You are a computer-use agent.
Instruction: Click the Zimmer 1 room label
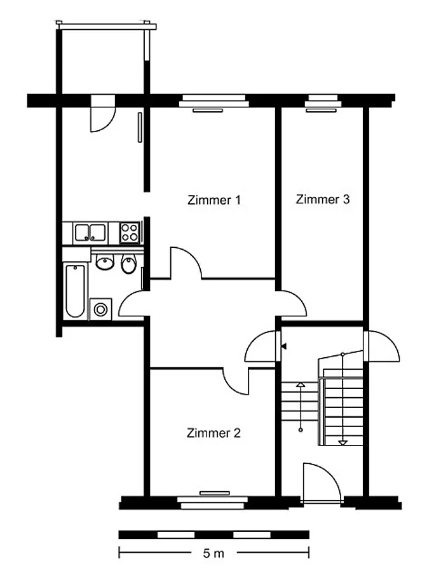214,200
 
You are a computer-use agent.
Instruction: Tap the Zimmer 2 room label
213,433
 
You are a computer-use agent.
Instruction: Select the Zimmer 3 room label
322,200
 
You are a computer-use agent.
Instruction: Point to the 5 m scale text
213,553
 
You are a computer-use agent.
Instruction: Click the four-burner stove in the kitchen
130,233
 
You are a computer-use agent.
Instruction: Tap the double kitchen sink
90,233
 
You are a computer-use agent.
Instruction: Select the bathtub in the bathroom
75,290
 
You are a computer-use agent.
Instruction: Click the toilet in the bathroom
128,263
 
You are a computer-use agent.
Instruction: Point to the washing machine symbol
100,309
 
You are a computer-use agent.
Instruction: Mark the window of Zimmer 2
213,501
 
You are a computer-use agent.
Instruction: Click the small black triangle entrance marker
284,346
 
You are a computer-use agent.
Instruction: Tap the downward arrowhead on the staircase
342,443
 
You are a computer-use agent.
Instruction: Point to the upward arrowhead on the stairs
301,385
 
